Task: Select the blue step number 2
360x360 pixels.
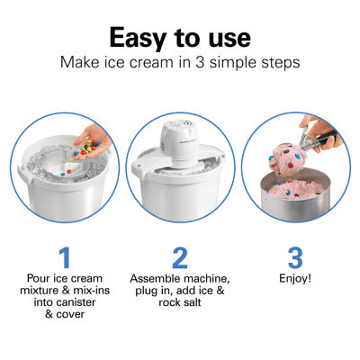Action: pyautogui.click(x=180, y=257)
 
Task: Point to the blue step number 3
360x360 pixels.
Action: pyautogui.click(x=297, y=257)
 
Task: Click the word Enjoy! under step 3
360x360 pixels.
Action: pyautogui.click(x=297, y=280)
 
